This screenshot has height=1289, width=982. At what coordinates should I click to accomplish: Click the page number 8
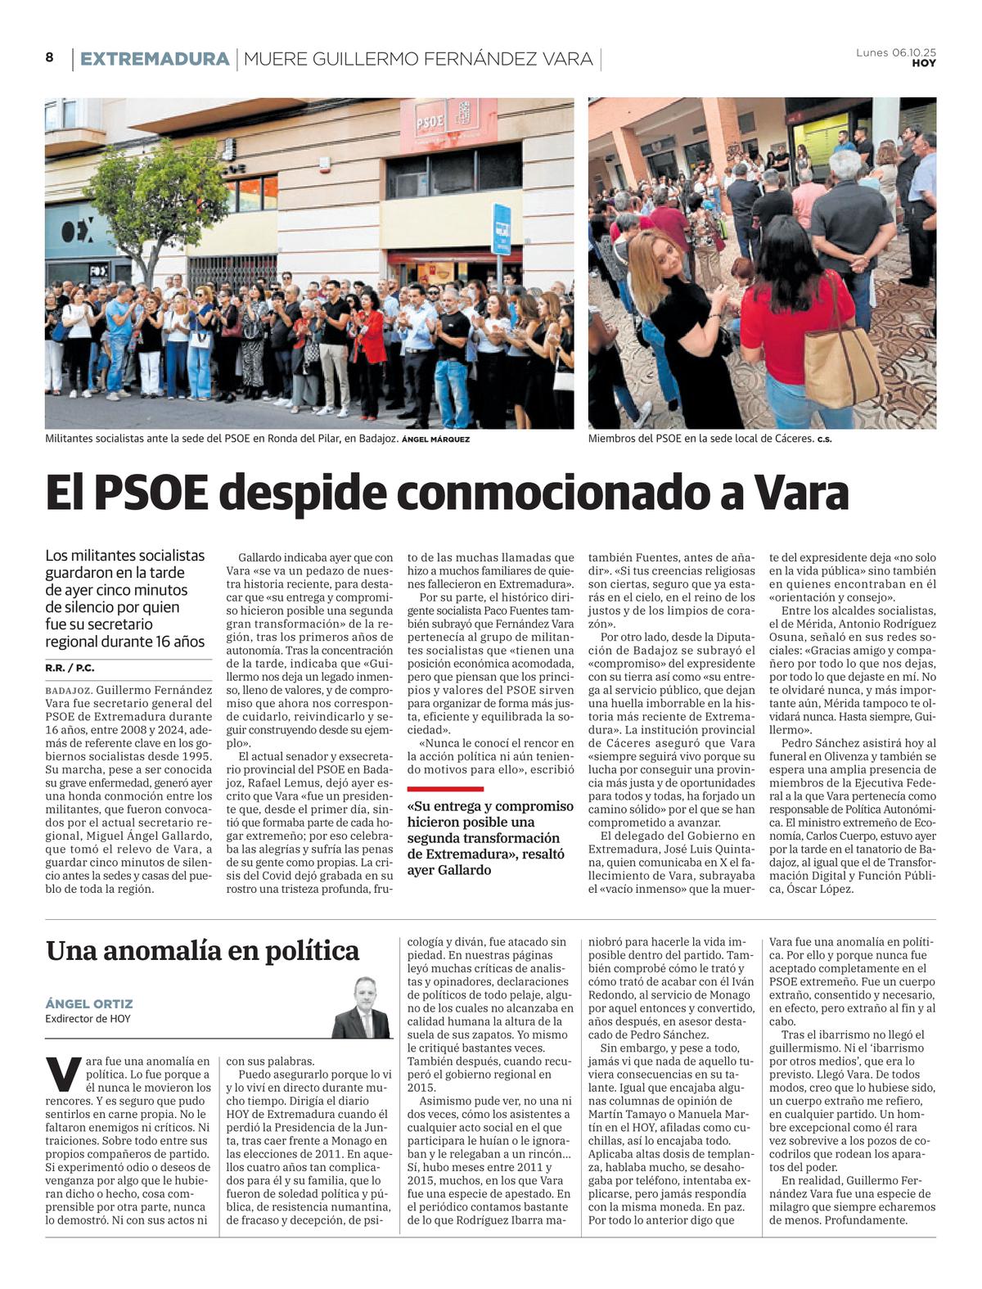[49, 58]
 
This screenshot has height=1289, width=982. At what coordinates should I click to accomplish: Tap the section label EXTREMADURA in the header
[155, 59]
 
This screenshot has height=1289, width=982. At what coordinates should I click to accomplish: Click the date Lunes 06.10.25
[895, 52]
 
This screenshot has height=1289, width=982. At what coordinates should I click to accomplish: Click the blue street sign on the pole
[502, 229]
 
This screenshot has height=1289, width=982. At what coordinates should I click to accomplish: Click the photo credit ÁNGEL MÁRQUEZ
[436, 439]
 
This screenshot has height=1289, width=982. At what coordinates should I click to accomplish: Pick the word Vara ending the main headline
[800, 493]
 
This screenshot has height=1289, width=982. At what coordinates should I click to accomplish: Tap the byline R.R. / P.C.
[70, 668]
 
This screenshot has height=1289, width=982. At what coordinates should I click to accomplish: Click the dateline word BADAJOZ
[69, 690]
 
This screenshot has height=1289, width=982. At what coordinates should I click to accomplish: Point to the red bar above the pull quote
[445, 789]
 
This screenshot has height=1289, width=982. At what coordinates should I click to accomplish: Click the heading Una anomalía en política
[202, 951]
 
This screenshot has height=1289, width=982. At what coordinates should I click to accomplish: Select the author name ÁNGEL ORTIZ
[88, 1003]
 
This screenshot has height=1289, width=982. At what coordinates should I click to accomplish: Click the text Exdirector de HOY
[88, 1019]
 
